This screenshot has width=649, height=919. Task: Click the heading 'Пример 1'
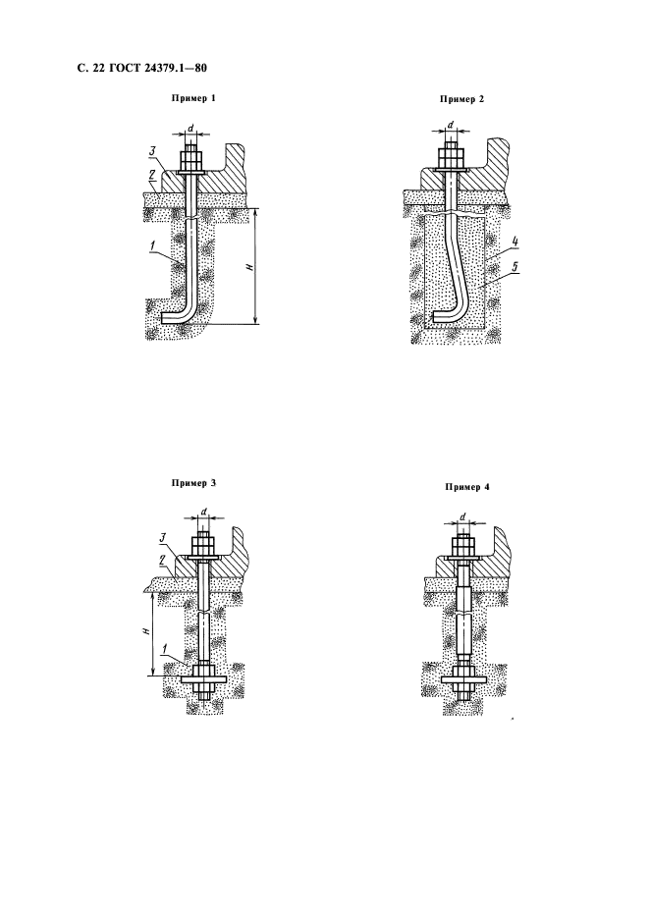tap(192, 98)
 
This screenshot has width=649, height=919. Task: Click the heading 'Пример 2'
tap(462, 99)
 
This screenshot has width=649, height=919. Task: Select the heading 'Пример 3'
tap(193, 483)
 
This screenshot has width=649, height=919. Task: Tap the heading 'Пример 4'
tap(466, 486)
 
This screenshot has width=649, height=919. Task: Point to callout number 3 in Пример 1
tap(151, 153)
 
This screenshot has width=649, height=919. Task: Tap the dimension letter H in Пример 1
tap(249, 267)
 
